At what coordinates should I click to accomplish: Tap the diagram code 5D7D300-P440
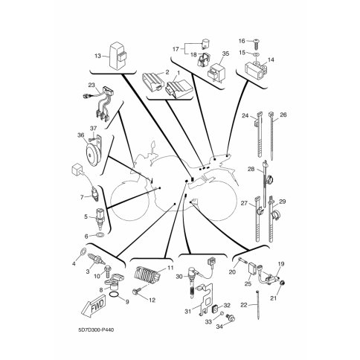click(96, 330)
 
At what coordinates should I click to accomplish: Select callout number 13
click(98, 56)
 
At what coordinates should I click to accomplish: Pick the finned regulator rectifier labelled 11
click(146, 274)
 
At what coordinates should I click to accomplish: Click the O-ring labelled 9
click(115, 295)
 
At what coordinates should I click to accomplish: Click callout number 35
click(225, 54)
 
